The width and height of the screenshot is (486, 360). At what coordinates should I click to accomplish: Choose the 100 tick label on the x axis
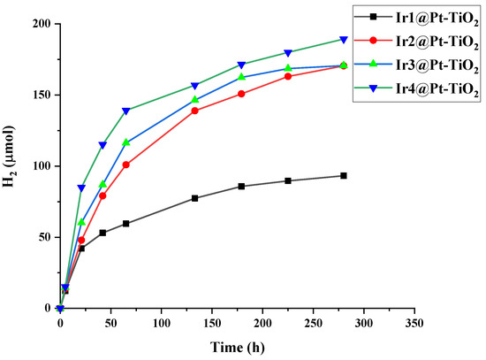pyautogui.click(x=161, y=324)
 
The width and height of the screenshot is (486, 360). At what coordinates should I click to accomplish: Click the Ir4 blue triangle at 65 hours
pyautogui.click(x=126, y=111)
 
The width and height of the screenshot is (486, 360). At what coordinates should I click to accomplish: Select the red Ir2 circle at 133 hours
pyautogui.click(x=194, y=111)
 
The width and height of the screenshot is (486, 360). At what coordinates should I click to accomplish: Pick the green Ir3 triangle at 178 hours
pyautogui.click(x=240, y=77)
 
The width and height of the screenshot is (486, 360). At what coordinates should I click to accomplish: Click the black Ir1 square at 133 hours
pyautogui.click(x=194, y=198)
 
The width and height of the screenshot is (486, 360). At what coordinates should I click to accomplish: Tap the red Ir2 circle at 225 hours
pyautogui.click(x=288, y=76)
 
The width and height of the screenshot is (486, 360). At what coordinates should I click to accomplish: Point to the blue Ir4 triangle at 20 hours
pyautogui.click(x=81, y=188)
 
